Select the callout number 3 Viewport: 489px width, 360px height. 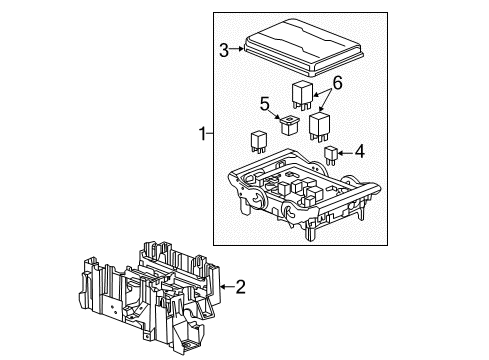click(x=225, y=47)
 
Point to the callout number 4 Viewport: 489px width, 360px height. click(x=360, y=152)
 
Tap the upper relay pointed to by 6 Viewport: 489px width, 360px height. click(x=301, y=94)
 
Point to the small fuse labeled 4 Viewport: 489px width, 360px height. click(x=332, y=153)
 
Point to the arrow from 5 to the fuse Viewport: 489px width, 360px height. click(x=277, y=113)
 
